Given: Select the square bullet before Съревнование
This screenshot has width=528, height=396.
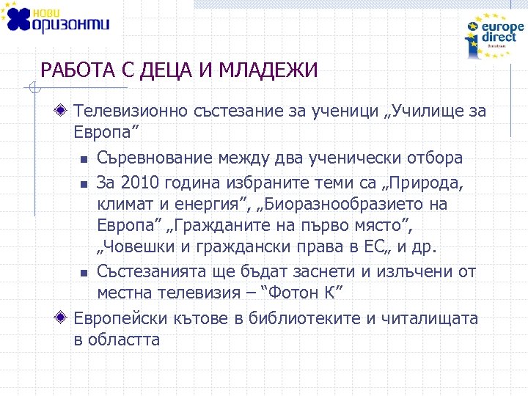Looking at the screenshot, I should [84, 159].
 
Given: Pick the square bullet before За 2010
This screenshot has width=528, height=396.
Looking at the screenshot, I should [84, 182].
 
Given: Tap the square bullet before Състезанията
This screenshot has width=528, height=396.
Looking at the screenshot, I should [84, 273].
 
